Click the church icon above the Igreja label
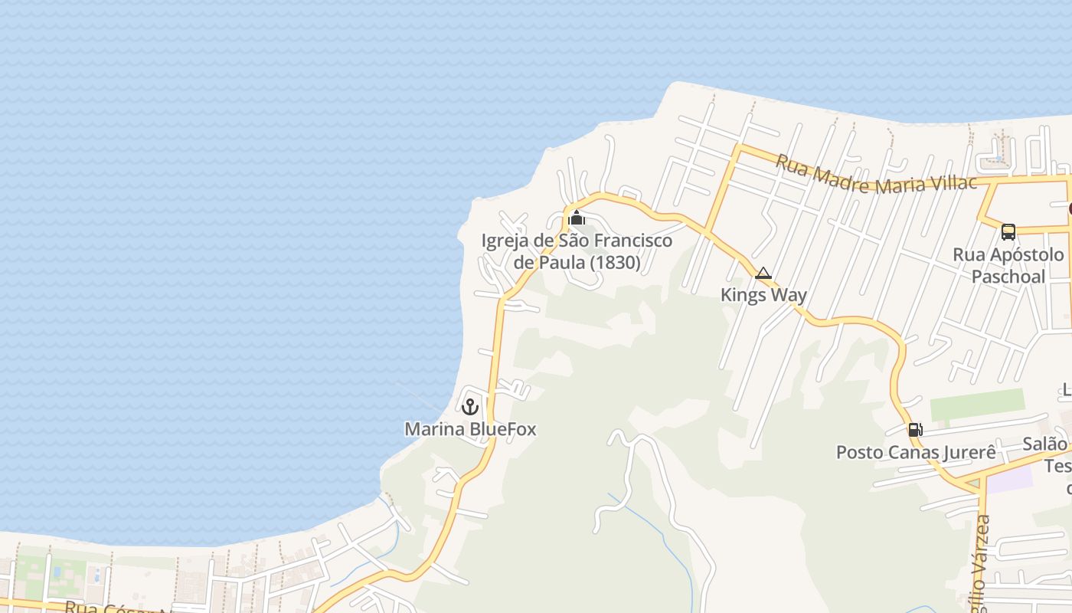577,218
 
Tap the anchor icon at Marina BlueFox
469,406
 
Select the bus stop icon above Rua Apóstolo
1008,231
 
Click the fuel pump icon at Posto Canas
915,430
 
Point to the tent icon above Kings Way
763,273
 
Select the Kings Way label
763,295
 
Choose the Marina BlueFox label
470,429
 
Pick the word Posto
859,452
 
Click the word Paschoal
1008,277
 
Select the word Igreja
505,241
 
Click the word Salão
1044,444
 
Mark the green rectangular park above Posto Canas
977,405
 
